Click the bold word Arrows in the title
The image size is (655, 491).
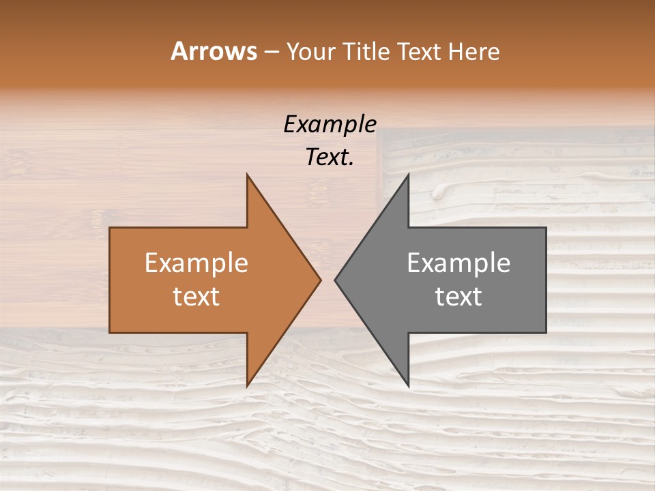click(x=213, y=51)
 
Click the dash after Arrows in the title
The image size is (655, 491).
click(x=272, y=52)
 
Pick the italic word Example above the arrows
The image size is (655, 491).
click(x=330, y=125)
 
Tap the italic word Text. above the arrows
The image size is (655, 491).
click(x=330, y=158)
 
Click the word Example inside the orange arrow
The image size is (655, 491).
click(x=196, y=263)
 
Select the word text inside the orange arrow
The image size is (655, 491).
click(x=196, y=297)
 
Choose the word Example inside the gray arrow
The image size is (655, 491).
click(x=458, y=263)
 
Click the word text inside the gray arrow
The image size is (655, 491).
click(x=458, y=297)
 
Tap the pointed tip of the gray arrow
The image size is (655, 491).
click(x=336, y=280)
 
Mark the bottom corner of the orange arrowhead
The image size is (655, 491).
click(x=248, y=385)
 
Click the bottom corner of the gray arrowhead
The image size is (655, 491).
click(x=408, y=385)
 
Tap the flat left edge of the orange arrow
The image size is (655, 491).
click(x=111, y=280)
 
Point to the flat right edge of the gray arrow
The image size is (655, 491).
click(x=545, y=280)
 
